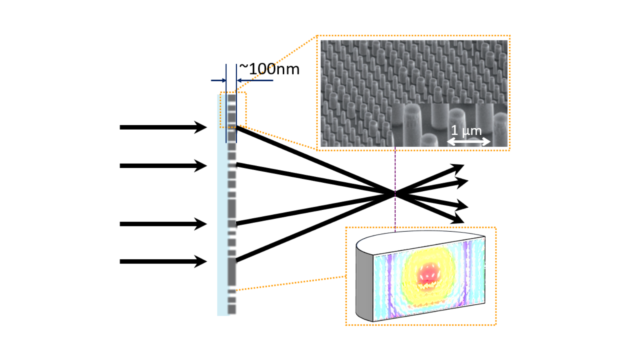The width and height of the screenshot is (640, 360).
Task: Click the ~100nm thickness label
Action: tap(270, 69)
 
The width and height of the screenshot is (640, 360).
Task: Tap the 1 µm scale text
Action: tap(466, 130)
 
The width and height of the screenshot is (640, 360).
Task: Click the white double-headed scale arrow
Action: tap(468, 142)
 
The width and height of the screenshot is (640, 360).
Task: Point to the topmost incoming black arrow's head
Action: tap(201, 127)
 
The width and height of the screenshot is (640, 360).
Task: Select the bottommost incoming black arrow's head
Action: tap(201, 262)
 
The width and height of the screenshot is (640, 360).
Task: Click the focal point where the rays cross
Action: tap(395, 194)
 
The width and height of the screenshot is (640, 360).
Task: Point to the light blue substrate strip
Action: tap(222, 208)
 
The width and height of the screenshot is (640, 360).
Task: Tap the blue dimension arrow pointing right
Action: tap(219, 80)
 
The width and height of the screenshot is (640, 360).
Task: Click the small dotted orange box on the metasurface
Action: tap(233, 110)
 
